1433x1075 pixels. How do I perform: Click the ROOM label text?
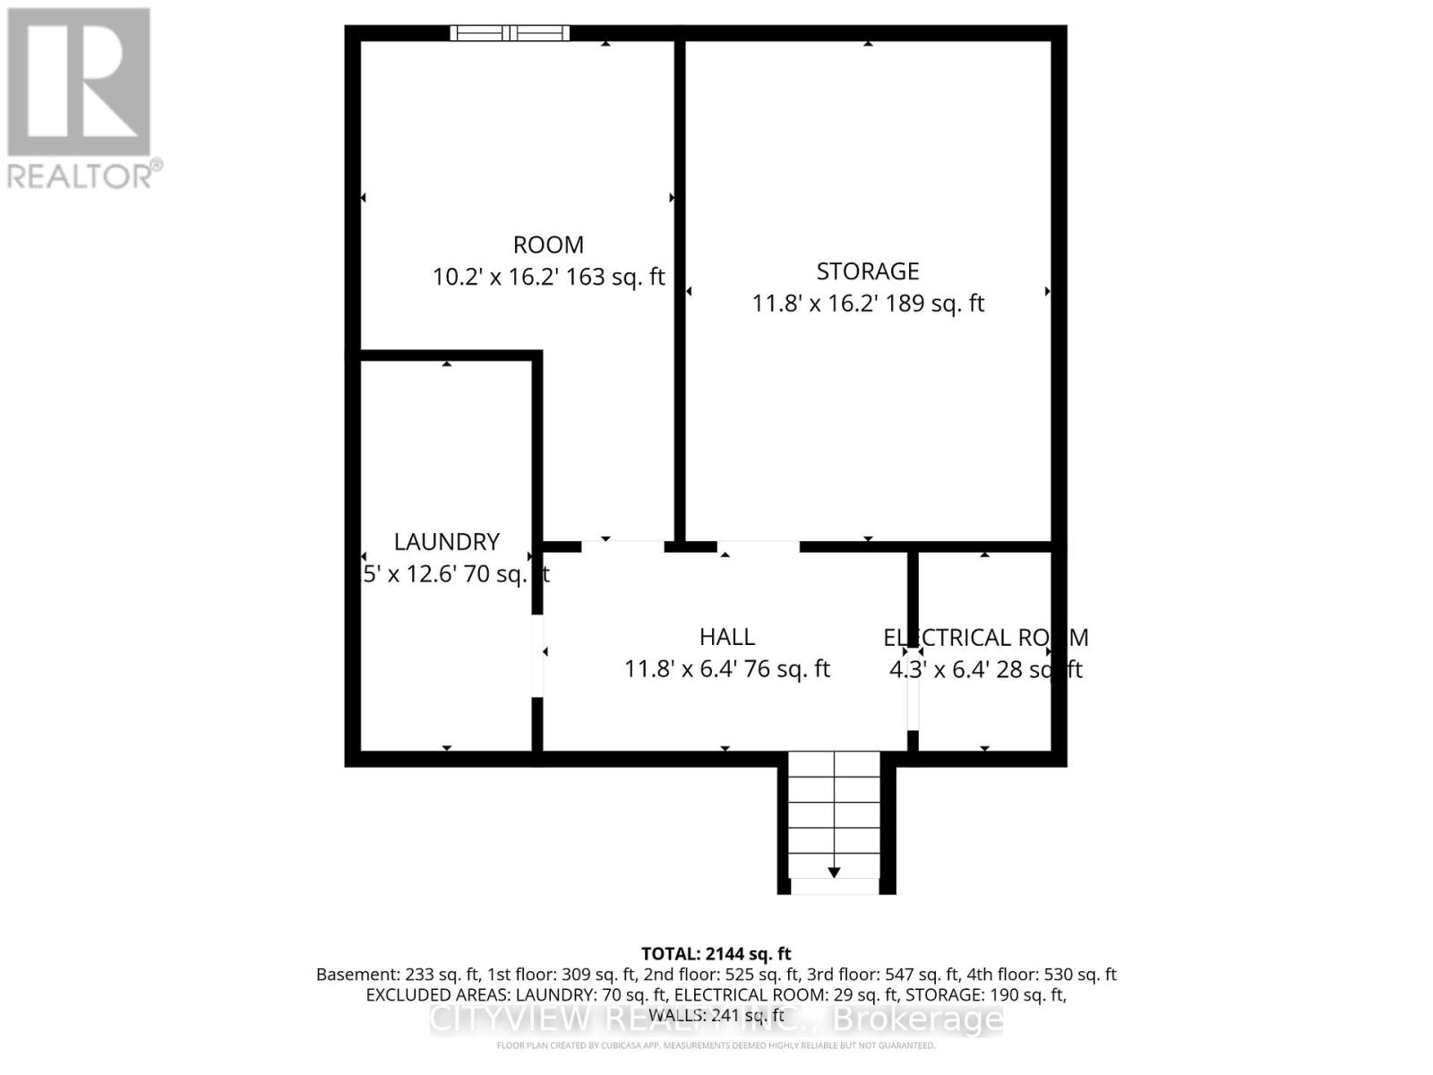point(548,245)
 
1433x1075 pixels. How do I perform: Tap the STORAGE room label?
point(867,271)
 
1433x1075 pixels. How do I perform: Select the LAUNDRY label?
point(446,541)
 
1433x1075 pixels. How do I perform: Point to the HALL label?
point(726,636)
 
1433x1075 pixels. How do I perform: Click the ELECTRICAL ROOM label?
point(985,637)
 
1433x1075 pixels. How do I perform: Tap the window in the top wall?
point(510,33)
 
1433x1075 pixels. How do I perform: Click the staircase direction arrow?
point(834,871)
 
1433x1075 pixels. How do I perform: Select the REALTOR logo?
point(81,99)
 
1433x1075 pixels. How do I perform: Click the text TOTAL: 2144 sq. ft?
point(716,954)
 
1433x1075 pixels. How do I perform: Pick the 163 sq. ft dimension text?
point(548,277)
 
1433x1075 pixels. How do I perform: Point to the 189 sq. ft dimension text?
point(867,304)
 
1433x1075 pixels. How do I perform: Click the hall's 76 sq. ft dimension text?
point(726,669)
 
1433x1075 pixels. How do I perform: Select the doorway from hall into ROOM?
point(622,545)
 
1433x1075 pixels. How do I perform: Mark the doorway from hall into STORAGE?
point(758,545)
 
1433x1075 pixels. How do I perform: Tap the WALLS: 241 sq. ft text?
point(716,1016)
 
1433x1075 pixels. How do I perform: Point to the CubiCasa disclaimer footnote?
point(716,1045)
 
